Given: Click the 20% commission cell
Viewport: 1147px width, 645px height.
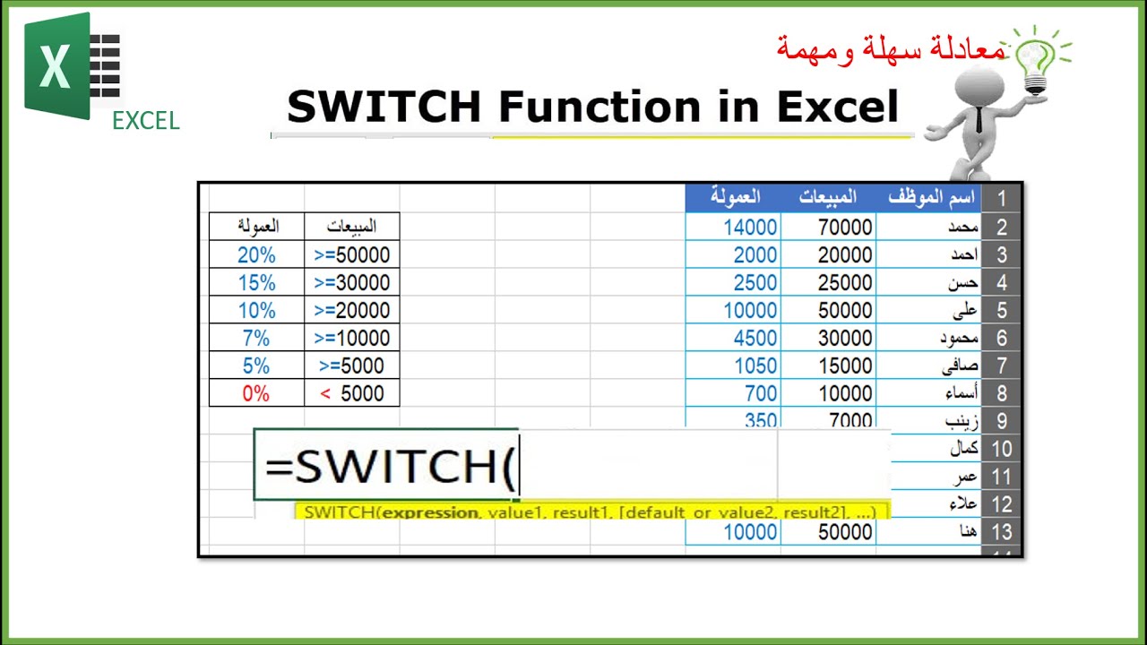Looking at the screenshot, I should (256, 254).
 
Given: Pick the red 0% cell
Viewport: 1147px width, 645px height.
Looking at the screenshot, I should (256, 393).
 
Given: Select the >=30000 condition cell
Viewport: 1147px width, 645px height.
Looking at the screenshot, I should (352, 282).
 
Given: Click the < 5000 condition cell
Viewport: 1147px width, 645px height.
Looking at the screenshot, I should (352, 393).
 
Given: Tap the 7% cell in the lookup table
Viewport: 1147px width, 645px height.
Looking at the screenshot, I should (256, 338).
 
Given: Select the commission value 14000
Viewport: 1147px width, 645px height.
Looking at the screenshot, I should (750, 228).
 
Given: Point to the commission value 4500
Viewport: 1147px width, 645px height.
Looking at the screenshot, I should (750, 338).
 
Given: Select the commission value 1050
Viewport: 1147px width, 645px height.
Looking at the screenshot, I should (750, 365).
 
